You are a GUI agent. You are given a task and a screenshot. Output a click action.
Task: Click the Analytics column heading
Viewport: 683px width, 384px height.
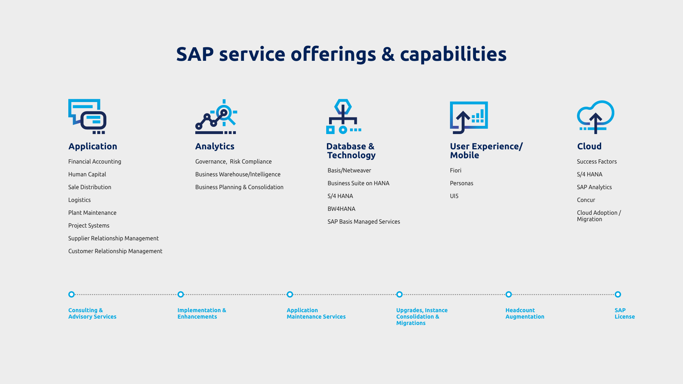(215, 146)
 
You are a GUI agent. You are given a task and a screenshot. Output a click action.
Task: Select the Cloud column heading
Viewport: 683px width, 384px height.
(589, 146)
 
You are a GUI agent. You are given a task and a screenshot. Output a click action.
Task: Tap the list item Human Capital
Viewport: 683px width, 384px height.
(87, 174)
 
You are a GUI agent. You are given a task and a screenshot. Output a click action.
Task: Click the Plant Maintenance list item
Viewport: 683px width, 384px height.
(92, 213)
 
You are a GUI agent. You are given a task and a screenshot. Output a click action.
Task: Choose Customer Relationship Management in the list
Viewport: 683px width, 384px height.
(115, 251)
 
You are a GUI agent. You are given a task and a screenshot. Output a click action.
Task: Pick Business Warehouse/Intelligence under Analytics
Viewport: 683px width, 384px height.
(238, 174)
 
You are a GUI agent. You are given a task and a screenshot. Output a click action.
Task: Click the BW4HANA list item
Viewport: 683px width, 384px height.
(341, 209)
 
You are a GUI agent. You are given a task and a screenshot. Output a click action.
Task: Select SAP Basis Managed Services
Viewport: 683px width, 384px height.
(364, 222)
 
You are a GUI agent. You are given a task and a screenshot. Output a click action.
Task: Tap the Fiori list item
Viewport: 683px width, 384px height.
(456, 170)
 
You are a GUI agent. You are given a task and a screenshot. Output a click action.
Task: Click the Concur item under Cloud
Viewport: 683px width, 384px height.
(586, 200)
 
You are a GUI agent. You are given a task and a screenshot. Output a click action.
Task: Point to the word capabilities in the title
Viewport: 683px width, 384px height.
(453, 54)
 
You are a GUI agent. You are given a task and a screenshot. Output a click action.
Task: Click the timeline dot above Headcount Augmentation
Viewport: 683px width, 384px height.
(509, 294)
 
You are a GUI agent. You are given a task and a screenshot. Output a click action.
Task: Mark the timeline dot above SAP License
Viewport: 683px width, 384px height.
(618, 294)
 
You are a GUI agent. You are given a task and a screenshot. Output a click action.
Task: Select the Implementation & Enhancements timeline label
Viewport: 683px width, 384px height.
(202, 313)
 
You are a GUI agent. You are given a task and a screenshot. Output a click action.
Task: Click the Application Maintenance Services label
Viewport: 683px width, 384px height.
(316, 313)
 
